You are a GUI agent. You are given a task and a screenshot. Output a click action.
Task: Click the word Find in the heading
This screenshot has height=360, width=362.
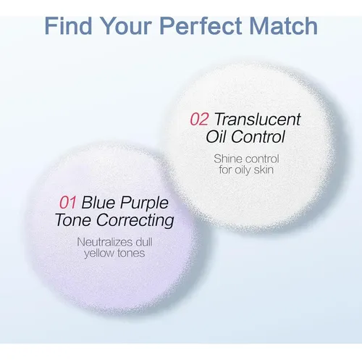[68, 25]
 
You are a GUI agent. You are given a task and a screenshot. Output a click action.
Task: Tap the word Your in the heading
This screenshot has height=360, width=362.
[127, 25]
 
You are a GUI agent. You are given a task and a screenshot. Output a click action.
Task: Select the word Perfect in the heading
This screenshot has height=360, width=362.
[201, 25]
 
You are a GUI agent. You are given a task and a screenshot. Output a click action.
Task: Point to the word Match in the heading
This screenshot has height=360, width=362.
[283, 25]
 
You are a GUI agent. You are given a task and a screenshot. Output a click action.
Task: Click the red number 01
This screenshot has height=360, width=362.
[68, 202]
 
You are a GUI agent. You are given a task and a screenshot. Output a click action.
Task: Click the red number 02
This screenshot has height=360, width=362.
[199, 120]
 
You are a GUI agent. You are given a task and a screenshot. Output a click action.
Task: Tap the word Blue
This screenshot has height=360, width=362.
[98, 202]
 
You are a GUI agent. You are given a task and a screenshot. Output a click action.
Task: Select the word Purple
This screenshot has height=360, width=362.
[144, 204]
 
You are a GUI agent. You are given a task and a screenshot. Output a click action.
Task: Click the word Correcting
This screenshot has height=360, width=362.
[135, 221]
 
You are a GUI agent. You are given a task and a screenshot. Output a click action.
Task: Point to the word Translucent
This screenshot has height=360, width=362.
[258, 119]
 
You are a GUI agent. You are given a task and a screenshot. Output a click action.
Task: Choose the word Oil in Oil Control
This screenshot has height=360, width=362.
[216, 136]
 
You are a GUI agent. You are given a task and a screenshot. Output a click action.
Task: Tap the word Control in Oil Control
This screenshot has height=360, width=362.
[258, 136]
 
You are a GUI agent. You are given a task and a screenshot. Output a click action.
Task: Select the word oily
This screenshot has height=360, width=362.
[243, 170]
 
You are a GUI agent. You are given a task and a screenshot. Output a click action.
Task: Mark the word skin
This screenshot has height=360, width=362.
[264, 169]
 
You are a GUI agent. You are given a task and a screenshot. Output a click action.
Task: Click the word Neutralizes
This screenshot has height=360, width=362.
[105, 242]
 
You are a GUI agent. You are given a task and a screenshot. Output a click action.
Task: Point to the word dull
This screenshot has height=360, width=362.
[144, 242]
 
